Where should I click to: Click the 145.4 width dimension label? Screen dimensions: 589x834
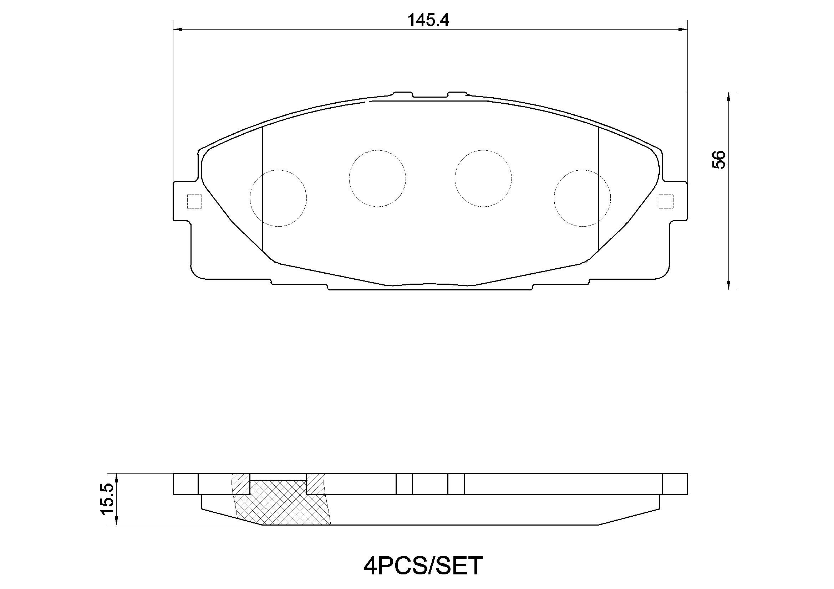pos(428,20)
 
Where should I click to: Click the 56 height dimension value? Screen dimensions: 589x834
pos(718,160)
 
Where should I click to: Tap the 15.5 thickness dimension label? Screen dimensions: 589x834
pos(108,498)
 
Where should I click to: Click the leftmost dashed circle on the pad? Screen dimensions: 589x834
pos(278,198)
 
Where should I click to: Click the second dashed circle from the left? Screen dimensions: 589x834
pos(377,179)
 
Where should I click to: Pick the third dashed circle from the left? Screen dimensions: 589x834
pos(483,179)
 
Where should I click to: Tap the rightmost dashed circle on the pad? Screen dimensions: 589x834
pos(582,198)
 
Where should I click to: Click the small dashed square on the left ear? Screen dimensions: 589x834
pos(194,201)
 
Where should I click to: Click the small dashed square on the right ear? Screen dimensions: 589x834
pos(666,201)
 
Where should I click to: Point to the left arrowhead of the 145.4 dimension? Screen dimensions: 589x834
pos(178,29)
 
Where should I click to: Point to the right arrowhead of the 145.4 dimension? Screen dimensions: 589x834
pos(683,29)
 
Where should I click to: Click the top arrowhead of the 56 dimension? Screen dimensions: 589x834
pos(728,97)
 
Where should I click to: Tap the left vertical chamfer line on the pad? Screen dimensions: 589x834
pos(262,189)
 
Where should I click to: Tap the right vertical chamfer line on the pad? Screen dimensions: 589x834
pos(598,189)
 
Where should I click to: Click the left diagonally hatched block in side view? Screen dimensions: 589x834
pos(241,484)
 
